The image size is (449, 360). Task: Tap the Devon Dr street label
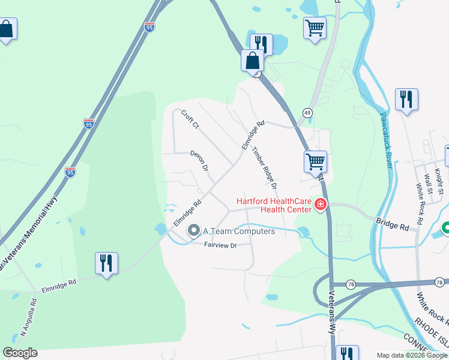[x=199, y=161]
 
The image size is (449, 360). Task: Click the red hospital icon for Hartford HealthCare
[x=321, y=206]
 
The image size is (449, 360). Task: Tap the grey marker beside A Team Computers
[x=194, y=230]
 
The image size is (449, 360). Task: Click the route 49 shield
[x=307, y=113]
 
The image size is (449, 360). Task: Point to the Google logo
[x=20, y=353]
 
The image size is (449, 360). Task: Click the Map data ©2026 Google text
[x=412, y=355]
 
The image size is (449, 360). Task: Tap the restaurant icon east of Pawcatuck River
[x=406, y=99]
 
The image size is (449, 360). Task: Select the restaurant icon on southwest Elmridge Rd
[x=106, y=263]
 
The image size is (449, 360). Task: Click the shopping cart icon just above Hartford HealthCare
[x=315, y=161]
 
